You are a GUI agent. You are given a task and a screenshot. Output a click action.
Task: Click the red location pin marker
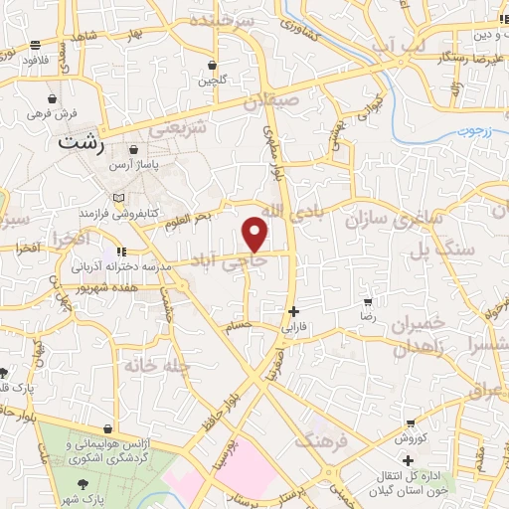[x=255, y=234]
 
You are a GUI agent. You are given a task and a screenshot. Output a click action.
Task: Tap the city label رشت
[x=82, y=141]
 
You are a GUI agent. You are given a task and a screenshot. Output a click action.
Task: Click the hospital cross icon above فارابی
[x=293, y=311]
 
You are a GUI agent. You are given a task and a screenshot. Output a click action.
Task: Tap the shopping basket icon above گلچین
[x=212, y=66]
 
